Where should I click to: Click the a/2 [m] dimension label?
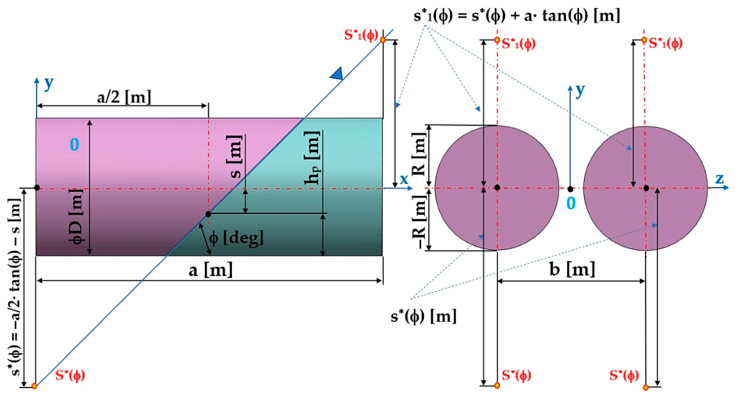124,97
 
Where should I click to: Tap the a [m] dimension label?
211,270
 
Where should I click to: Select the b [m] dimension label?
573,270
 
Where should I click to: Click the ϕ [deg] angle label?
236,237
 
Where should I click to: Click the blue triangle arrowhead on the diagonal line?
337,73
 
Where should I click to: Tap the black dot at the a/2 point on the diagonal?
208,214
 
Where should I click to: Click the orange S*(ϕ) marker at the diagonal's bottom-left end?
34,386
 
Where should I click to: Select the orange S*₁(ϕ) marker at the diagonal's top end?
383,40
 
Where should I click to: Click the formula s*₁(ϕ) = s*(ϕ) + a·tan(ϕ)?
517,16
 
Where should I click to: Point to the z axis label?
719,179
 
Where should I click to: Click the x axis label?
404,180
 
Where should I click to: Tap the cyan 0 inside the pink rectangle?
74,144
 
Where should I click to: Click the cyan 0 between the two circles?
571,203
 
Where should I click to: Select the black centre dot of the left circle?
497,188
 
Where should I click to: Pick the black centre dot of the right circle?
646,188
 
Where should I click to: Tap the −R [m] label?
419,222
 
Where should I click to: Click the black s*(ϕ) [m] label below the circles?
423,316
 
